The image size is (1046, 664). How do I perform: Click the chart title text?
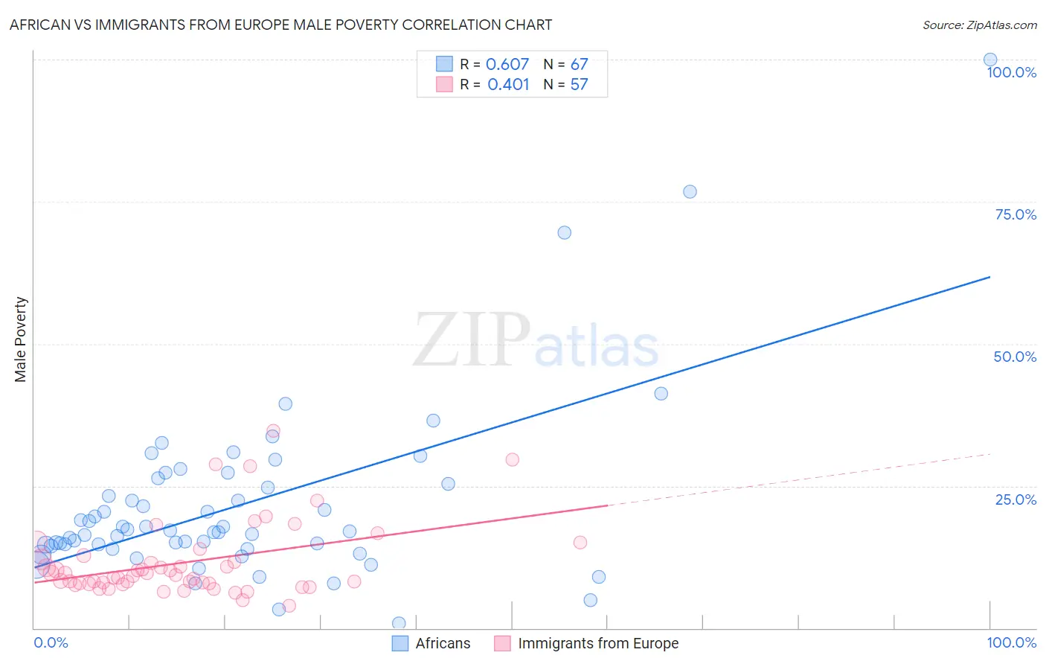click(280, 25)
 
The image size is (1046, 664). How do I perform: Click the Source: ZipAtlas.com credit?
click(979, 25)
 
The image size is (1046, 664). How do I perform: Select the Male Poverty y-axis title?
click(21, 339)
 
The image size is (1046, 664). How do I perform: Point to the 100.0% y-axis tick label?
click(1011, 72)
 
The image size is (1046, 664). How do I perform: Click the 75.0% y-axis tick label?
click(1015, 214)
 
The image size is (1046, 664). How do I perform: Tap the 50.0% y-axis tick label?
click(1015, 357)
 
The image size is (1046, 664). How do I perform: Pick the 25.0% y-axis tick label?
click(1015, 499)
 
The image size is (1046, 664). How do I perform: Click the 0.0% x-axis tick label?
click(51, 642)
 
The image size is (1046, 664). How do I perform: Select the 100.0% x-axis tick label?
click(1011, 642)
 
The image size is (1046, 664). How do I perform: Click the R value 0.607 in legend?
click(507, 64)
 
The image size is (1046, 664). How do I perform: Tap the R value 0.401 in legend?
click(508, 84)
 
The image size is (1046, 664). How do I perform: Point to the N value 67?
click(579, 64)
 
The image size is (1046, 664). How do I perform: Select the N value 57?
click(579, 84)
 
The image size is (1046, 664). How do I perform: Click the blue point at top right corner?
click(990, 60)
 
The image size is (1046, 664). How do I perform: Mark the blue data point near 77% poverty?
click(690, 191)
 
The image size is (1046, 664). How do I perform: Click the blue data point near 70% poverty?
click(564, 232)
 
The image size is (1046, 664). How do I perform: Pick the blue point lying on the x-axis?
click(399, 623)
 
